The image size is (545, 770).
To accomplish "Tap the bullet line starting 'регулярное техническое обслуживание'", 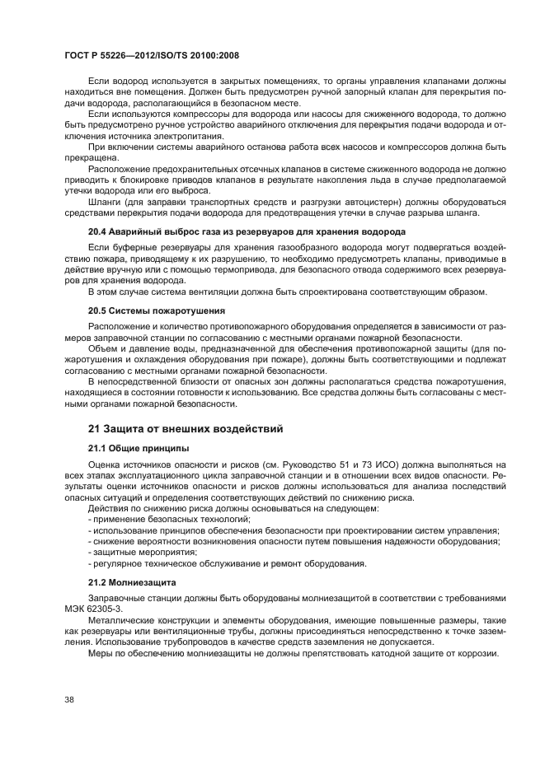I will pyautogui.click(x=227, y=563).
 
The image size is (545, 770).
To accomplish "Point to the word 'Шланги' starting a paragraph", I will pyautogui.click(x=105, y=200).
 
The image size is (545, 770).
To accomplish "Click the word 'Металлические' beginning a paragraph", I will pyautogui.click(x=122, y=618).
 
